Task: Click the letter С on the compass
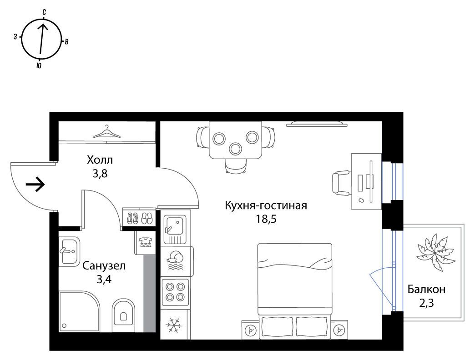[44, 12]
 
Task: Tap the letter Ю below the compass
[39, 65]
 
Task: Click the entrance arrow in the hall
[35, 184]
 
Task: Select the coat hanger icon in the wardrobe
[106, 132]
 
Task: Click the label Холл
[100, 160]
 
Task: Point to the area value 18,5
[266, 219]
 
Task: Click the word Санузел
[104, 266]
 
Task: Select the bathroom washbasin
[69, 251]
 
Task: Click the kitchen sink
[175, 230]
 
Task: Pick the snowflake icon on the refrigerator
[174, 325]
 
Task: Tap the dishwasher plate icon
[175, 260]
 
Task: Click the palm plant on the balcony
[435, 252]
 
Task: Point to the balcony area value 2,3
[426, 303]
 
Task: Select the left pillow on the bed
[277, 328]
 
